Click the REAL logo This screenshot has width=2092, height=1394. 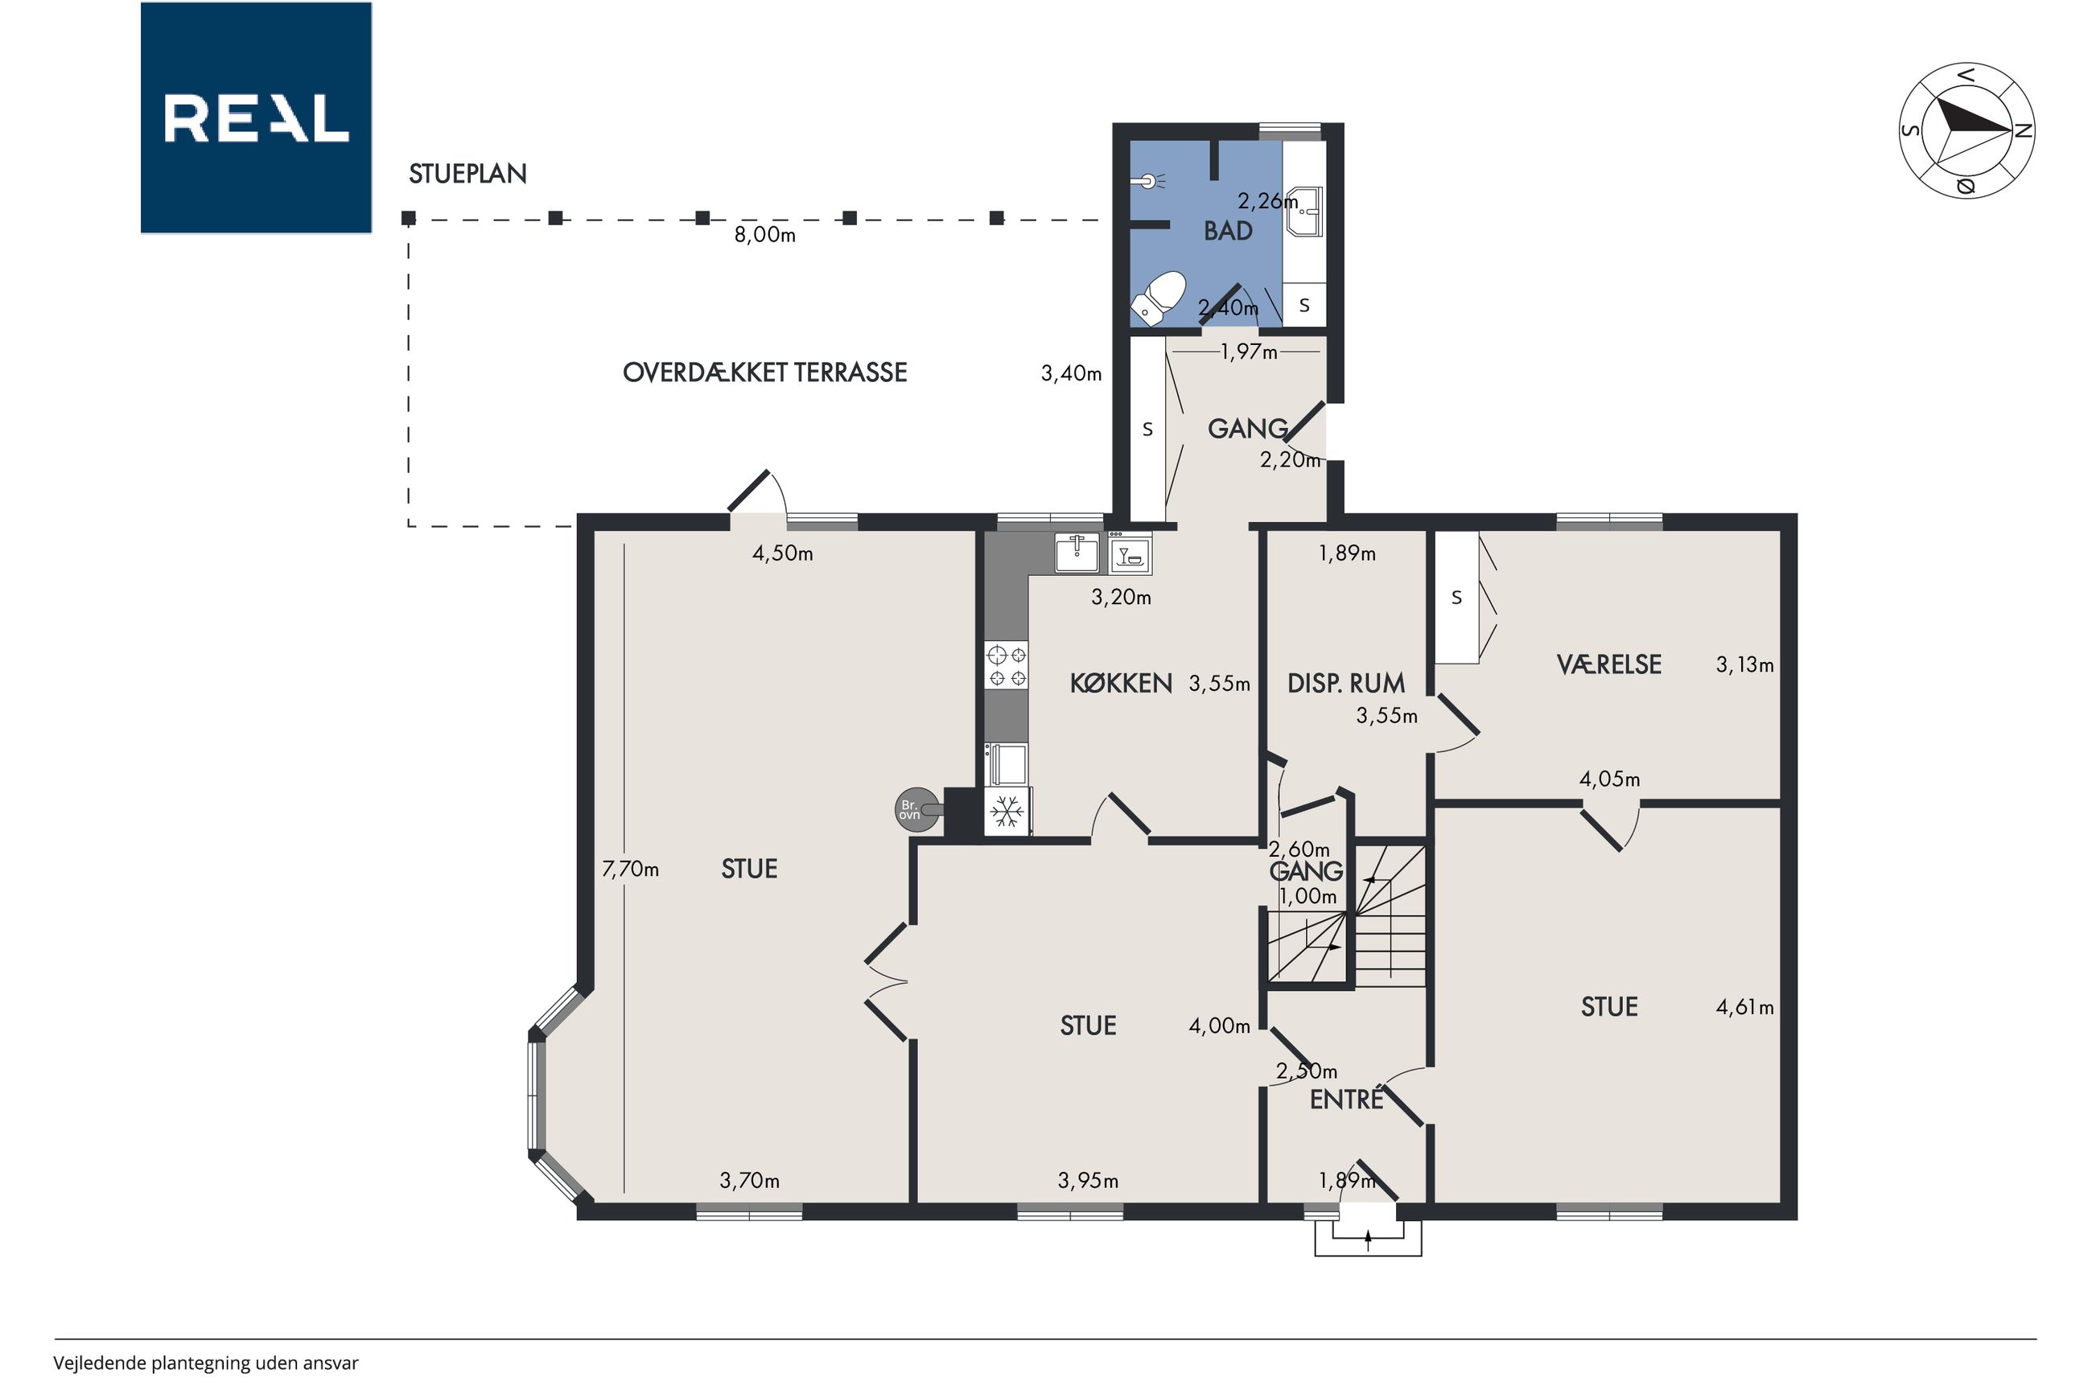(x=256, y=117)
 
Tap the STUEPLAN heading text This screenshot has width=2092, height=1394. (x=467, y=174)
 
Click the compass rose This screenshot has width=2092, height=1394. (x=1966, y=130)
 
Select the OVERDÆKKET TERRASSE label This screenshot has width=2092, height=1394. (x=764, y=372)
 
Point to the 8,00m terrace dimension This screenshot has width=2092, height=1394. (x=764, y=235)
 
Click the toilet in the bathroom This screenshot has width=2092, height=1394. (x=1159, y=298)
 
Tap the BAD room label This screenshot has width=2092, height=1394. (x=1228, y=231)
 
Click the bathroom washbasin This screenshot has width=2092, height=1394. (x=1305, y=212)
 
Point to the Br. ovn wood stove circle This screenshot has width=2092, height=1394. (x=916, y=810)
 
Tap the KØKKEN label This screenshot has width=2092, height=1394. (x=1121, y=683)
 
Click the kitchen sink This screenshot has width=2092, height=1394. (x=1077, y=553)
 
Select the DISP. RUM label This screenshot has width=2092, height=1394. (x=1346, y=683)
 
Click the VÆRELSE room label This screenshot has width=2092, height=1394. (x=1609, y=664)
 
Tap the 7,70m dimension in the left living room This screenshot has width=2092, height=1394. (x=630, y=869)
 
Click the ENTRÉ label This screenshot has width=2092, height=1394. (x=1347, y=1100)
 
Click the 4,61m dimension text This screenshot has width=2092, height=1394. (x=1744, y=1007)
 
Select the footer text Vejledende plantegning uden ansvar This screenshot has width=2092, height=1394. (x=205, y=1363)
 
